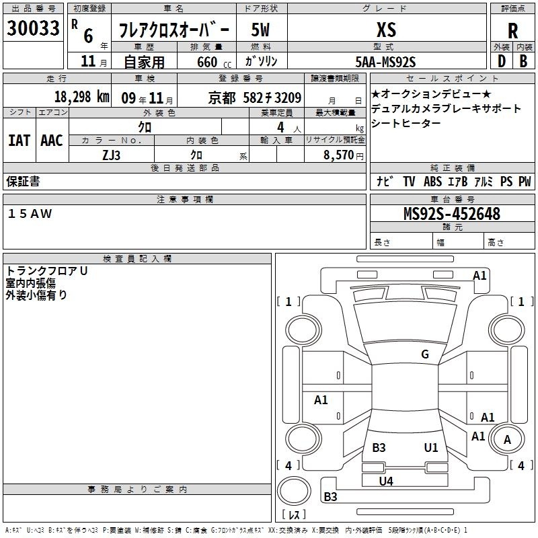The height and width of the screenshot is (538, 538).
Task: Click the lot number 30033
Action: [x=33, y=28]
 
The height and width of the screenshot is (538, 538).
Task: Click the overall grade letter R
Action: [x=512, y=31]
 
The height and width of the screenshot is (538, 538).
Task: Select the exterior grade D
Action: [x=502, y=61]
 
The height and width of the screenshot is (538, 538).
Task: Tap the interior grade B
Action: [x=523, y=61]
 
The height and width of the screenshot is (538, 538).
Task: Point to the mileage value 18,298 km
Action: [x=81, y=97]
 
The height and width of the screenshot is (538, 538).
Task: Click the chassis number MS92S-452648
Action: [x=452, y=214]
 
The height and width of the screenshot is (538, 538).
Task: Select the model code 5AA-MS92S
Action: [x=385, y=62]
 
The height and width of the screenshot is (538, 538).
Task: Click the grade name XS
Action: [x=386, y=30]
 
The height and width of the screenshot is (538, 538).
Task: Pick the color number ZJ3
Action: [x=111, y=155]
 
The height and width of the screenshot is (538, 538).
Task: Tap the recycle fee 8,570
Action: [x=338, y=155]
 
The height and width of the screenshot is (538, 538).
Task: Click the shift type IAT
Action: [x=20, y=141]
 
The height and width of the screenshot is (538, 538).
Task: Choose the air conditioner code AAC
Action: [x=52, y=141]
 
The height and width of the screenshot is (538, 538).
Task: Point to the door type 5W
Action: [x=260, y=30]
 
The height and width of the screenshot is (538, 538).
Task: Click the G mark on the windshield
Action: [x=425, y=354]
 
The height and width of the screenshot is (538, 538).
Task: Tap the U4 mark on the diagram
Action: [x=386, y=482]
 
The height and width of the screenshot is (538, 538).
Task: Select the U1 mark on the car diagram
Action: [x=431, y=447]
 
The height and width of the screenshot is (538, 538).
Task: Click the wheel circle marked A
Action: [x=507, y=440]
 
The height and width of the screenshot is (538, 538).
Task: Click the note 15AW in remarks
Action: [x=30, y=214]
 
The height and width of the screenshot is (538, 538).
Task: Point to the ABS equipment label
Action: [x=432, y=182]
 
